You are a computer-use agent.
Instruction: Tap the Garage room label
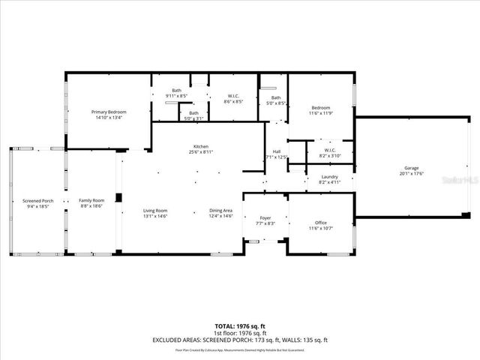(x=411, y=168)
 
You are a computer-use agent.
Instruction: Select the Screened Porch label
(x=37, y=200)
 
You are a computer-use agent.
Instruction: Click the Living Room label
(x=155, y=211)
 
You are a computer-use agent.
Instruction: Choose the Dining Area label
(x=220, y=211)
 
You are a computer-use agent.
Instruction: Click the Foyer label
(x=265, y=218)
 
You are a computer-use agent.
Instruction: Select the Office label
(x=321, y=223)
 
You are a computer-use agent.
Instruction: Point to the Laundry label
(x=330, y=177)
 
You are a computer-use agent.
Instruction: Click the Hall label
(x=276, y=151)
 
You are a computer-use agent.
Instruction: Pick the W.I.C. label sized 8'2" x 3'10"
(x=330, y=151)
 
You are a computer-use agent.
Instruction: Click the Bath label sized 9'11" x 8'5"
(x=176, y=91)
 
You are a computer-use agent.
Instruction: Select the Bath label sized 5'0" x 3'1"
(x=193, y=113)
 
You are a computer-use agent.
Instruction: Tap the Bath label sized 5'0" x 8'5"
(x=276, y=97)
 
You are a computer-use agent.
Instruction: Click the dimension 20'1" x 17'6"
(x=411, y=173)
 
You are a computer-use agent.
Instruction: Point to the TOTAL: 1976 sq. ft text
(x=240, y=326)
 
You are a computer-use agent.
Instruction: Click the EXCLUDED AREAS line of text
(x=240, y=340)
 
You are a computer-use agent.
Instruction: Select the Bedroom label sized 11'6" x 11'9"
(x=321, y=108)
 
